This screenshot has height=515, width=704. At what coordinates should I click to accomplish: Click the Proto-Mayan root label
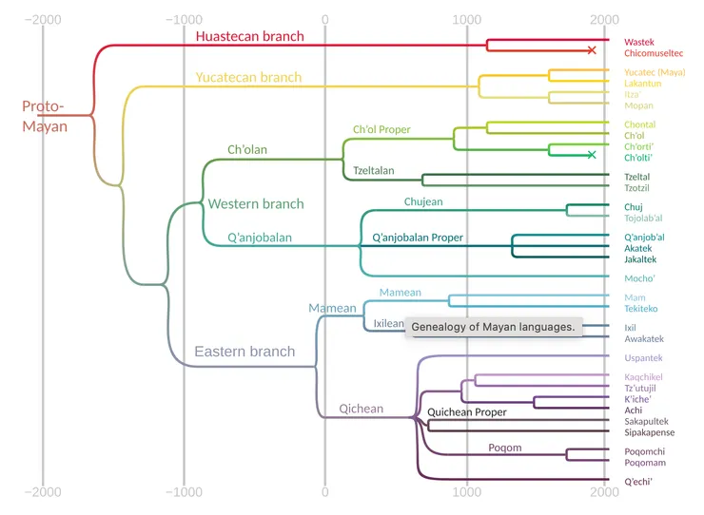click(x=45, y=116)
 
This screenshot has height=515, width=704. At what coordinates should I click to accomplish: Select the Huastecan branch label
click(x=249, y=37)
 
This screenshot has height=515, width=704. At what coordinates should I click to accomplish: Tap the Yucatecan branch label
click(x=248, y=77)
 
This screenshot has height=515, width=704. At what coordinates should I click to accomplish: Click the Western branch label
click(x=256, y=203)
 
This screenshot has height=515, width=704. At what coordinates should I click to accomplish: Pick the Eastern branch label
click(x=244, y=352)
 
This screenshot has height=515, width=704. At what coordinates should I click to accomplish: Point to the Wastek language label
click(x=639, y=42)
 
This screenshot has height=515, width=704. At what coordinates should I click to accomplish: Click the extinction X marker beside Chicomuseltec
click(x=592, y=49)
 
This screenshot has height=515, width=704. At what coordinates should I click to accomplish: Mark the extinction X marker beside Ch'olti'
click(x=592, y=154)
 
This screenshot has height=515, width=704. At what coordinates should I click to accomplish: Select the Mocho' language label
click(x=640, y=278)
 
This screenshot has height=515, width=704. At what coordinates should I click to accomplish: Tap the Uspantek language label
click(x=643, y=358)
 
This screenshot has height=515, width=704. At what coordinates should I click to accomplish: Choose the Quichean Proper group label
click(x=467, y=412)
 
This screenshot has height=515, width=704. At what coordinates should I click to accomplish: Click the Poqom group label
click(x=504, y=448)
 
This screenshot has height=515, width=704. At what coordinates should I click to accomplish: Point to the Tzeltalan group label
click(x=374, y=171)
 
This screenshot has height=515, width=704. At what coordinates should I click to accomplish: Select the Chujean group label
click(x=423, y=201)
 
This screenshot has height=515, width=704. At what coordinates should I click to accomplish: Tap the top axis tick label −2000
click(x=42, y=18)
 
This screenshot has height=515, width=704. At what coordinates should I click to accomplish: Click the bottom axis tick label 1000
click(x=466, y=492)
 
